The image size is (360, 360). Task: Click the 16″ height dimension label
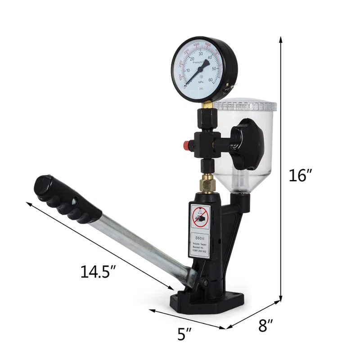pos(299,175)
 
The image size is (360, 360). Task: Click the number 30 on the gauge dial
pos(201,54)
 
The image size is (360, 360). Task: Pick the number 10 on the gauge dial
pos(182,71)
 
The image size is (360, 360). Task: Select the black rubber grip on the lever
pos(67,199)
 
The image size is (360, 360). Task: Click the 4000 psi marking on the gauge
pos(196,45)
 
